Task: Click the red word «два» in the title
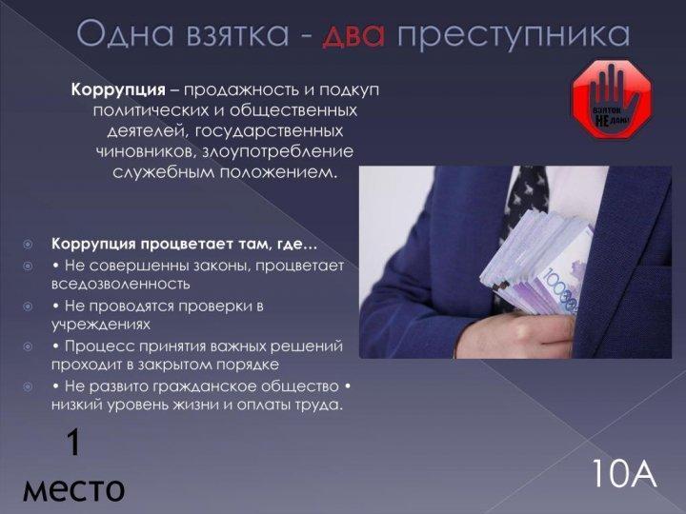(x=353, y=34)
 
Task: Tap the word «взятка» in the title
(x=237, y=34)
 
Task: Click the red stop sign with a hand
(x=612, y=100)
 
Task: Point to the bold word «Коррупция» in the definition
(x=118, y=90)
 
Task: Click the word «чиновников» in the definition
(x=140, y=151)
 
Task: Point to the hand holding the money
(x=516, y=334)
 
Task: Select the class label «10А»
(x=624, y=473)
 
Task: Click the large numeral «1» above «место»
(x=73, y=443)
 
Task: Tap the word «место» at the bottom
(x=73, y=489)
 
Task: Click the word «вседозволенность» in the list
(x=121, y=284)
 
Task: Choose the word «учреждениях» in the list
(x=101, y=325)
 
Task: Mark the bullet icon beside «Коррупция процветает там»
(x=28, y=244)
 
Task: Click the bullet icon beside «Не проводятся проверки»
(x=28, y=306)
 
